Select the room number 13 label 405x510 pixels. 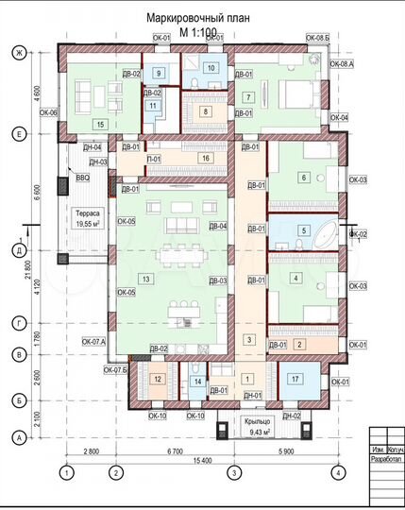144,279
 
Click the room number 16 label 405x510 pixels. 206,159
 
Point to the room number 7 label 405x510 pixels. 247,97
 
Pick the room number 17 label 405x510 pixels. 295,381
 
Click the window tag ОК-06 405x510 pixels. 50,112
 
